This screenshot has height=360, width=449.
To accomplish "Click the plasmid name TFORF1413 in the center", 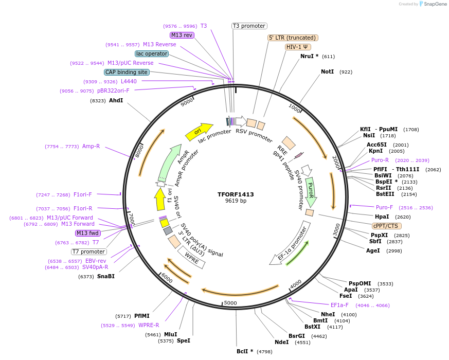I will tap(236, 194).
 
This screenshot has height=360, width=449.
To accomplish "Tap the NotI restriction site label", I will tap(327, 71).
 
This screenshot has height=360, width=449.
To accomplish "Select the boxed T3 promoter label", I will tap(249, 26).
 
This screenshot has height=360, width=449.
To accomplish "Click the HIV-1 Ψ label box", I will tap(298, 47).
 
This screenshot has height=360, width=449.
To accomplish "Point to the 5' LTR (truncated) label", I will tap(293, 38).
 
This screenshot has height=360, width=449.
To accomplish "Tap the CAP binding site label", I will tap(127, 73).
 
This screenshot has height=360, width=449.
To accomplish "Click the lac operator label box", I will tap(152, 53).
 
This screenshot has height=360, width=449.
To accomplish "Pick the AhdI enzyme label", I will tap(116, 100).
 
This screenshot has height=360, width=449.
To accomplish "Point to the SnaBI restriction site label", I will tap(105, 276).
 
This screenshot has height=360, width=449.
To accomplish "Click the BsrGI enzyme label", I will tap(297, 336).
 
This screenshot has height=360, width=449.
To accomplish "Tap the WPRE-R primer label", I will tap(149, 325).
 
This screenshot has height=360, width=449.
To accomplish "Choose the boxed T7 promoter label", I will tap(88, 251).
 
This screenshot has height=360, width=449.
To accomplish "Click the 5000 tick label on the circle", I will tap(230, 302).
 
